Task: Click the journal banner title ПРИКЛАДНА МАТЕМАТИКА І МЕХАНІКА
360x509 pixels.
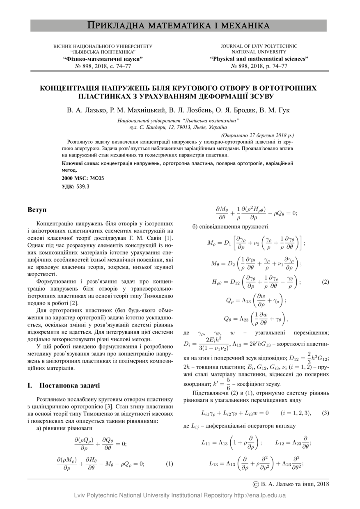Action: pos(179,26)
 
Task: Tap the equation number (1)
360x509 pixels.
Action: pos(170,464)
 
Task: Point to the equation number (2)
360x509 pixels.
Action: pos(325,282)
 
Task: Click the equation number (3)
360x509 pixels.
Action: pos(325,412)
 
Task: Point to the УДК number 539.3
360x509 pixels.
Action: pos(83,186)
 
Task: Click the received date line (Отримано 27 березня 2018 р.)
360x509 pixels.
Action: pos(257,135)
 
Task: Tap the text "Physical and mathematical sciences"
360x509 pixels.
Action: pos(259,59)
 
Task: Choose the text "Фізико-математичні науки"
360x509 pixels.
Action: pos(103,59)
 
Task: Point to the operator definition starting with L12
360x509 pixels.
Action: pos(293,443)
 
